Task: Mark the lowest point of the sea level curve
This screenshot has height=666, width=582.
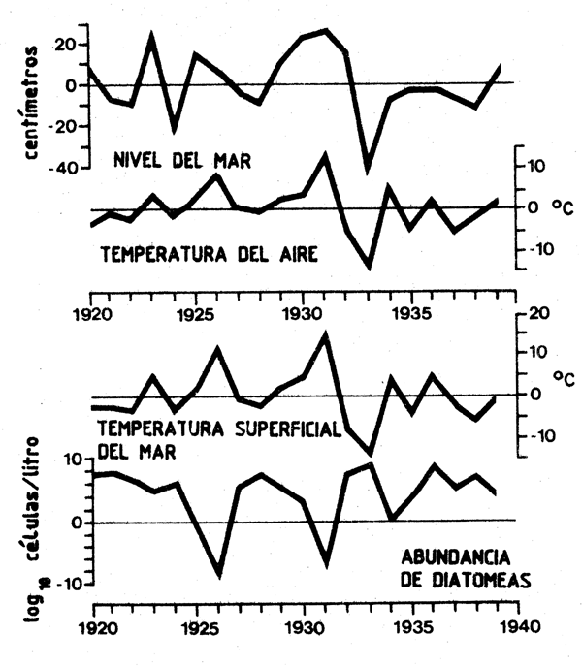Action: point(368,171)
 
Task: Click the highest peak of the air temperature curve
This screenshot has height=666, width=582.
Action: point(325,154)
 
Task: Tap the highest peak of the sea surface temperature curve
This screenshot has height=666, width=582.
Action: point(325,334)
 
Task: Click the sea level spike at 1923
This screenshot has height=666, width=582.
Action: point(152,36)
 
